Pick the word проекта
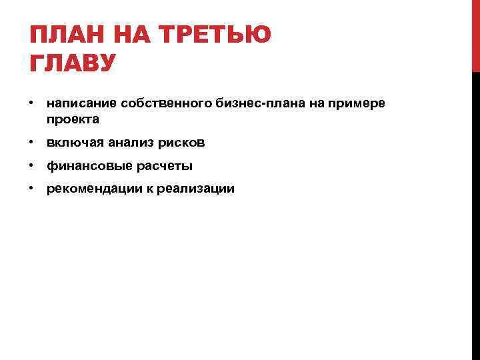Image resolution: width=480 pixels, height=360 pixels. (73, 120)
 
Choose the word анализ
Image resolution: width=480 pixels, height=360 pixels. (125, 143)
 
